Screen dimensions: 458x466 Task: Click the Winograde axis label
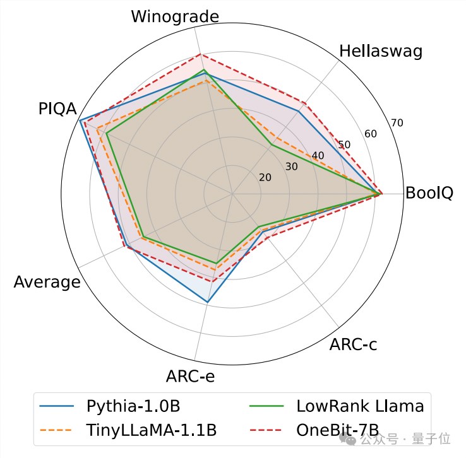point(175,16)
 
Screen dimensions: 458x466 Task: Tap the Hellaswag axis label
point(381,52)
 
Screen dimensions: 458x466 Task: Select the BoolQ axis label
point(429,193)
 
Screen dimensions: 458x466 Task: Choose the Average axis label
point(47,282)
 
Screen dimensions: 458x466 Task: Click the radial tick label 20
point(265,177)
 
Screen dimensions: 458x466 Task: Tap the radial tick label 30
point(291,167)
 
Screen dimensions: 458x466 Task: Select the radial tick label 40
point(318,156)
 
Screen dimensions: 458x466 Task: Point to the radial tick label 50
point(344,145)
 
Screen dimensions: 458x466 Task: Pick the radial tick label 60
point(370,134)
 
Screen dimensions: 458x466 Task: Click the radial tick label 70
point(397,123)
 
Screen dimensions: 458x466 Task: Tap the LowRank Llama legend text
point(360,406)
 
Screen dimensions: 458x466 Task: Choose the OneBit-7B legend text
point(337,431)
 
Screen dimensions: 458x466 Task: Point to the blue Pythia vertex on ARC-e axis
point(208,303)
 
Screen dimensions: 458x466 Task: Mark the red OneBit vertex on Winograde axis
point(200,55)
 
